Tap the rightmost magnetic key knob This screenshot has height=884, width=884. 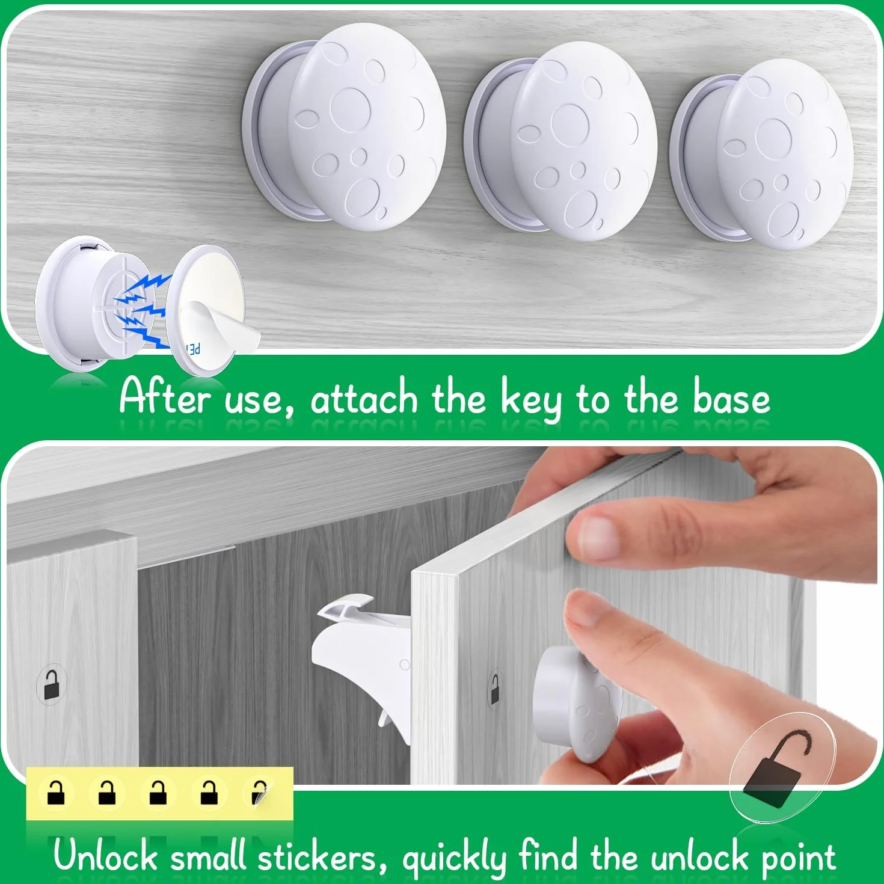point(761,154)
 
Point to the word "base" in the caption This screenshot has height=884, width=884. point(731,397)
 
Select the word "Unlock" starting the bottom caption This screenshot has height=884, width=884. point(105,855)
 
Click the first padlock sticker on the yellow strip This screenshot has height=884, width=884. point(55,793)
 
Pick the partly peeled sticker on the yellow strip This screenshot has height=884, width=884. point(259,793)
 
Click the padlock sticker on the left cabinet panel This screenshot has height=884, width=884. point(51,684)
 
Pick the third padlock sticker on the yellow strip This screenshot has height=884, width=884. point(158,793)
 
